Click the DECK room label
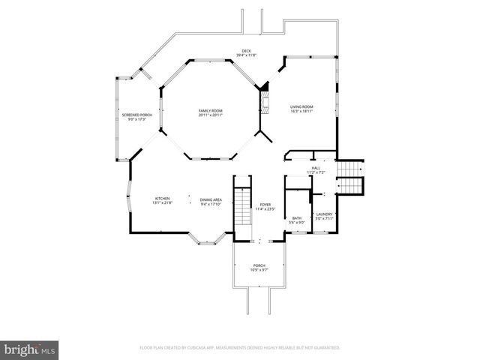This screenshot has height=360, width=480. tap(246, 51)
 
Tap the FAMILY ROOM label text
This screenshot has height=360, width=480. tap(211, 111)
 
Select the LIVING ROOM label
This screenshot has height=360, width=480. tap(301, 107)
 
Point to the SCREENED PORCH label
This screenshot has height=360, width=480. tap(137, 115)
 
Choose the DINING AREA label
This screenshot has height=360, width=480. tap(210, 199)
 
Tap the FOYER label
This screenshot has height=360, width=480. tap(265, 204)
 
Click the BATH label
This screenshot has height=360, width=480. tap(297, 218)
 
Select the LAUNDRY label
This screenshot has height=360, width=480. tap(324, 214)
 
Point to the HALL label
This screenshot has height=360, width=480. tap(316, 168)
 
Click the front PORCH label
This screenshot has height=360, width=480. tap(259, 265)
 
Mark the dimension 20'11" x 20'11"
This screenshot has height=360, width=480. tap(211, 115)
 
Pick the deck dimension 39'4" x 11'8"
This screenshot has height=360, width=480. tap(246, 55)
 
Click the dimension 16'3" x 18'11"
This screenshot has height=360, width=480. tap(301, 112)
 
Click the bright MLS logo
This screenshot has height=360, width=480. tap(30, 349)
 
